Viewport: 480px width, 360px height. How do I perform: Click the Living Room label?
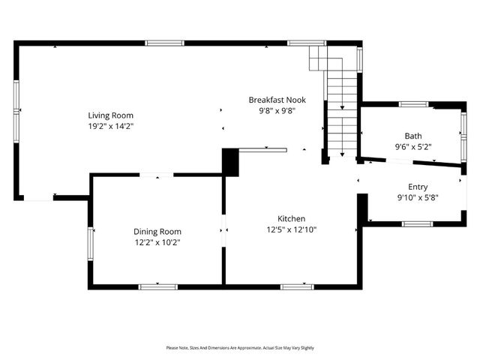110,115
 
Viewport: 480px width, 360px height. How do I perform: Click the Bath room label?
413,136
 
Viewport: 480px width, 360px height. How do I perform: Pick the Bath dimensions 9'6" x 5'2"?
413,147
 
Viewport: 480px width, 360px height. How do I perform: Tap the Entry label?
418,187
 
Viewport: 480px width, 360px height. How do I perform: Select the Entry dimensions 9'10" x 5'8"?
418,198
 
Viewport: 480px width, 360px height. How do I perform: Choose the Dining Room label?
157,232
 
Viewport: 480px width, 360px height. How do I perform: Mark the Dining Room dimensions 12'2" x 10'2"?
157,242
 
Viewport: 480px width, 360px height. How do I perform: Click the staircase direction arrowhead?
342,154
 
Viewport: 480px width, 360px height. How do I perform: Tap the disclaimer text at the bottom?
240,348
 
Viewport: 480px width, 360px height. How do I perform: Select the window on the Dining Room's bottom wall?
158,286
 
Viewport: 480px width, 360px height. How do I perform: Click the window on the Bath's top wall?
412,103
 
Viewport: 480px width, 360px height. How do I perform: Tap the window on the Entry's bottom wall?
415,223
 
